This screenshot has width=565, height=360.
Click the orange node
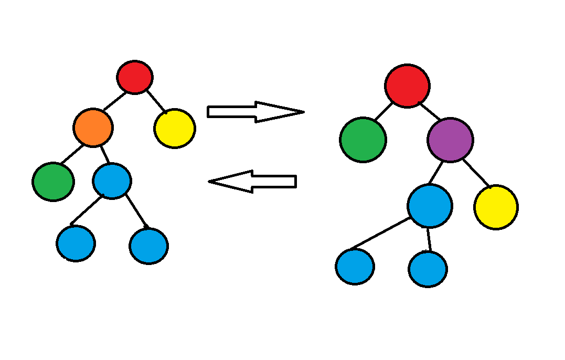pos(93,128)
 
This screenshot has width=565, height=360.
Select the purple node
pos(450,140)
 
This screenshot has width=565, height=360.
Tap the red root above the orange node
pos(135,77)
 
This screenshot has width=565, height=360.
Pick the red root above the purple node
pos(407,86)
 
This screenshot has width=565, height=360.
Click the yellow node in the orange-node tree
pos(175,128)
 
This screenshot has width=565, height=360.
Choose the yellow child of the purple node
pos(496,207)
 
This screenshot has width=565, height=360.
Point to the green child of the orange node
pos(53,182)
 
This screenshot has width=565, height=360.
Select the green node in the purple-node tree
pos(363,140)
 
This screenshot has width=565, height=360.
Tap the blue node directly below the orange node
pos(112,181)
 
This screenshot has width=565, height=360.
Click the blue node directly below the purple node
pos(430,206)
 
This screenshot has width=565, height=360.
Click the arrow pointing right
pos(255,112)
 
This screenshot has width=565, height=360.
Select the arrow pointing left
pos(253,182)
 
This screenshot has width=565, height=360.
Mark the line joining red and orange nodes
pos(115,101)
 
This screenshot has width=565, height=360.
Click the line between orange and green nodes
pos(71,155)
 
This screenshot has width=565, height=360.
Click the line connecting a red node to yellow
pos(156,102)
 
